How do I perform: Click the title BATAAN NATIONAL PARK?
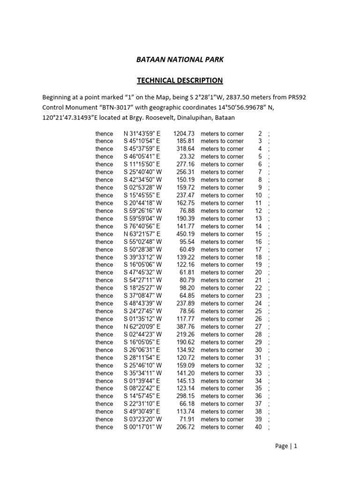pyautogui.click(x=180, y=60)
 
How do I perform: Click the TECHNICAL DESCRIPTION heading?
pyautogui.click(x=180, y=80)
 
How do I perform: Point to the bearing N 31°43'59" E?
pyautogui.click(x=142, y=134)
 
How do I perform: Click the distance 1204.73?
pyautogui.click(x=184, y=134)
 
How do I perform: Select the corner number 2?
pyautogui.click(x=260, y=134)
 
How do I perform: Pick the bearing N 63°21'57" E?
pyautogui.click(x=142, y=234)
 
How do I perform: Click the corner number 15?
pyautogui.click(x=258, y=234)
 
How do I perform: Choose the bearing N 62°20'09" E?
pyautogui.click(x=142, y=327)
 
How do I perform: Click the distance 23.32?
pyautogui.click(x=187, y=157)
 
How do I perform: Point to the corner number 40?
pyautogui.click(x=258, y=427)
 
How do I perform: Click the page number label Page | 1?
pyautogui.click(x=286, y=446)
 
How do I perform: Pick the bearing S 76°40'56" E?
pyautogui.click(x=142, y=226)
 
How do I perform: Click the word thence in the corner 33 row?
pyautogui.click(x=104, y=373)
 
